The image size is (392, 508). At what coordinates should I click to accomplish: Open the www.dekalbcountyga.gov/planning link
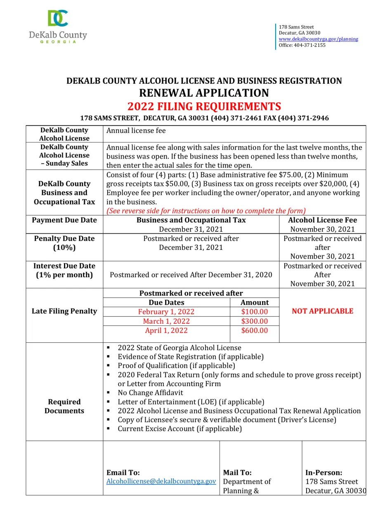tap(318, 39)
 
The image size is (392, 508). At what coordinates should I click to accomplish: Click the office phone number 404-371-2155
tap(309, 45)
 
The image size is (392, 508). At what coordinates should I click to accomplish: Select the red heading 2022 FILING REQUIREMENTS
tap(204, 107)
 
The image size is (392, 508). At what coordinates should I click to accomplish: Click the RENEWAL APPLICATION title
tap(204, 93)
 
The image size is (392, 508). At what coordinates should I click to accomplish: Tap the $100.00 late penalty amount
tap(255, 312)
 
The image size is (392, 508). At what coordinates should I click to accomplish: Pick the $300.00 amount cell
tap(255, 321)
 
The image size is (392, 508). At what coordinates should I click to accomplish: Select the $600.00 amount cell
tap(255, 330)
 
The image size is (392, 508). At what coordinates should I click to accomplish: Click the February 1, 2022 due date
tap(166, 312)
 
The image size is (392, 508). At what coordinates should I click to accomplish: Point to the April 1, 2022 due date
tap(166, 330)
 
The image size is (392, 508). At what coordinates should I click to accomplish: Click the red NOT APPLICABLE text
tap(322, 311)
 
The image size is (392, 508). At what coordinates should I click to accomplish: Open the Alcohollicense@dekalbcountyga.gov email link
tap(161, 481)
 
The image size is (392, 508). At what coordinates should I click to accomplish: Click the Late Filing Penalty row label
tap(64, 311)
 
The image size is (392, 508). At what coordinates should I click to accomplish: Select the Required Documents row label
tap(64, 406)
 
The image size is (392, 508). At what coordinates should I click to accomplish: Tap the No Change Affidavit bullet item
tap(150, 393)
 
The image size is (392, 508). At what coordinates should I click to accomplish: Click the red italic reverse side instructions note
tap(206, 211)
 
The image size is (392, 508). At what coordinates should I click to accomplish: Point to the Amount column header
tap(255, 302)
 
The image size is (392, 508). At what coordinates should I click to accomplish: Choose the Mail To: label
tap(237, 472)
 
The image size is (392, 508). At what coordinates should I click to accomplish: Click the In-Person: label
tap(324, 472)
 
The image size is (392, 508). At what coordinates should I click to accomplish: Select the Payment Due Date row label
tap(64, 220)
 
